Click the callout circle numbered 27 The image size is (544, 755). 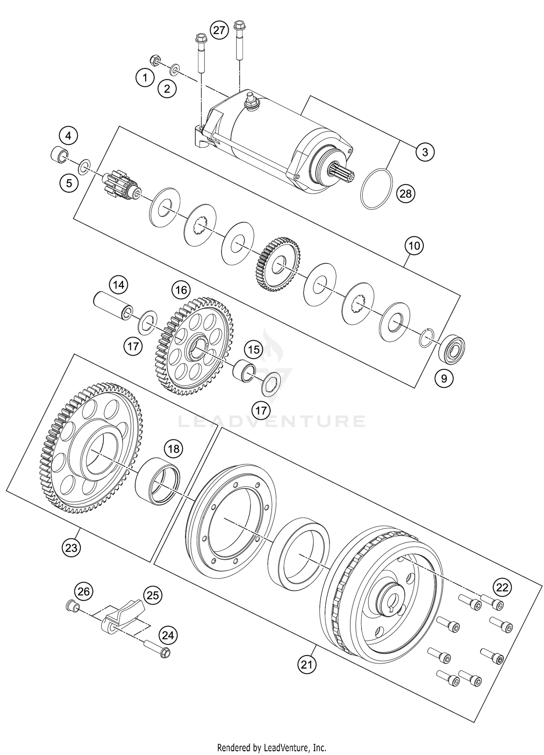pos(219,30)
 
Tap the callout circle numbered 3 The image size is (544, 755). pos(425,152)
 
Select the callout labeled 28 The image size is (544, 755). pos(406,194)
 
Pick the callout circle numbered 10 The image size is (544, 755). pos(415,246)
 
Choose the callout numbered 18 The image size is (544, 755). pos(174,449)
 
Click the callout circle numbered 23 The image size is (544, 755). pos(71,548)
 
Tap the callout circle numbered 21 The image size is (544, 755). pos(307,665)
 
